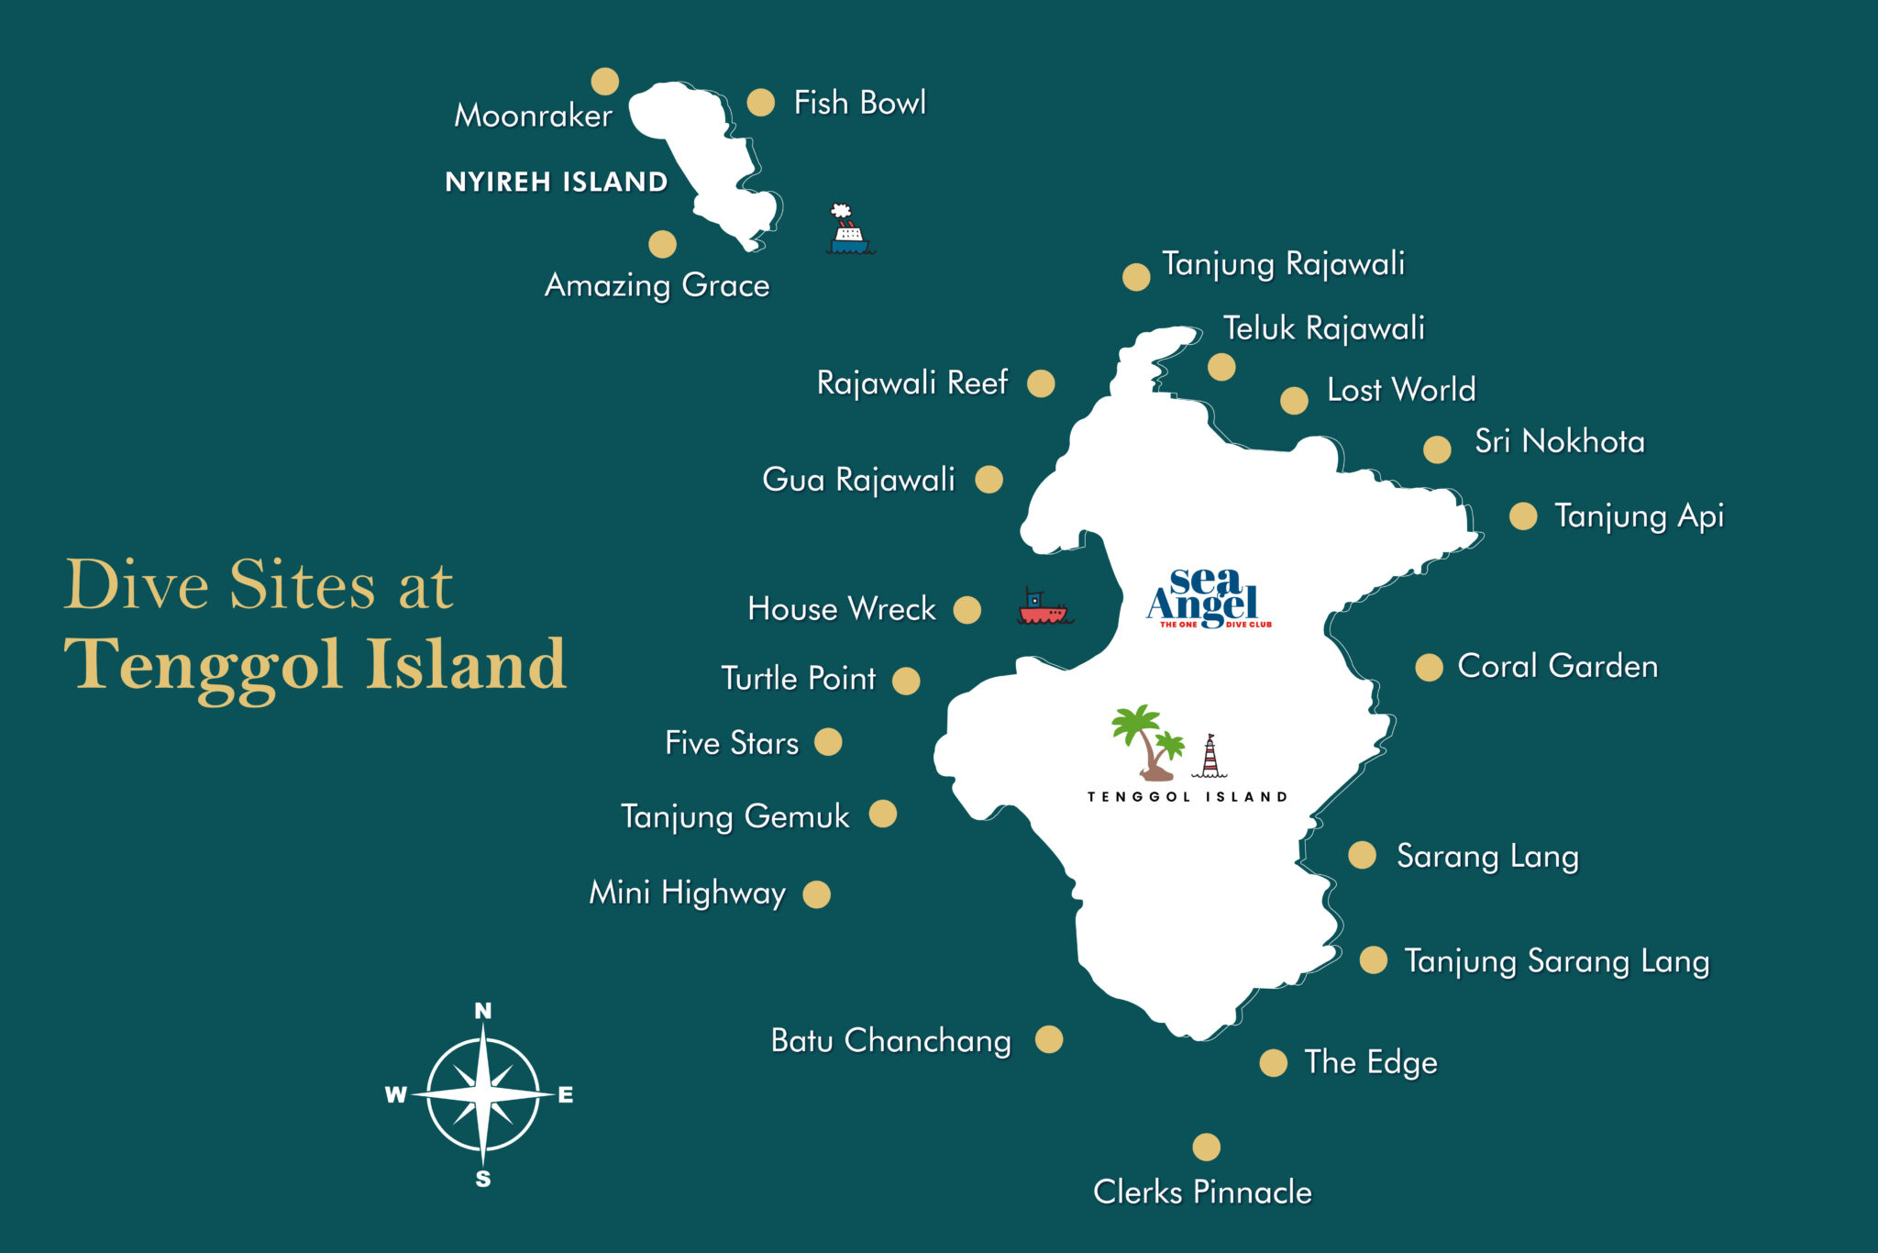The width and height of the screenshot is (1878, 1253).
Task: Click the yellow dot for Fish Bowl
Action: click(x=760, y=102)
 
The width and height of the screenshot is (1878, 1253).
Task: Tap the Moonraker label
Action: click(x=533, y=116)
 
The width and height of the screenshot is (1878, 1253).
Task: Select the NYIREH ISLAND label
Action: click(x=556, y=182)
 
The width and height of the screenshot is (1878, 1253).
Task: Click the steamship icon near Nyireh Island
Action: click(x=847, y=230)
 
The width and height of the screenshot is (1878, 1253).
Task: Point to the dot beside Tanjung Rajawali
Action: click(x=1136, y=277)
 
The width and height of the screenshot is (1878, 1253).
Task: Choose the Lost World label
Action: click(x=1400, y=390)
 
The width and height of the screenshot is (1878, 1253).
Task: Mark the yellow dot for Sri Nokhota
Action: click(x=1437, y=449)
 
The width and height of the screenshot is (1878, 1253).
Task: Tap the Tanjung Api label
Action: click(x=1639, y=516)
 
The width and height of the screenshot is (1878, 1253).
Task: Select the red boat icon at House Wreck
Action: click(x=1044, y=608)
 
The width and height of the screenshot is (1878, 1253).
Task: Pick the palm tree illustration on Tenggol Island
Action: click(x=1146, y=741)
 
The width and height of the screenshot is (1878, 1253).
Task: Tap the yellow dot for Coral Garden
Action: click(x=1429, y=668)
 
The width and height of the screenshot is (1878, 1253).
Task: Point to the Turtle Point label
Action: click(x=798, y=678)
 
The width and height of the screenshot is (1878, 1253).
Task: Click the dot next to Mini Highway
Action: click(x=816, y=894)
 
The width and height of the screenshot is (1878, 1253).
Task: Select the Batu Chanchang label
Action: click(x=890, y=1040)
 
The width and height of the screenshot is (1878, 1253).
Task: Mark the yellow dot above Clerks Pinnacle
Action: click(x=1206, y=1147)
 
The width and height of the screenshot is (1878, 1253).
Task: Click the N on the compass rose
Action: click(x=483, y=1011)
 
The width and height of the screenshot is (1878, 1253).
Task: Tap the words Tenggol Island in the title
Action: click(x=315, y=664)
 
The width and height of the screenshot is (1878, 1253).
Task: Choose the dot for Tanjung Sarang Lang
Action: click(x=1373, y=959)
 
